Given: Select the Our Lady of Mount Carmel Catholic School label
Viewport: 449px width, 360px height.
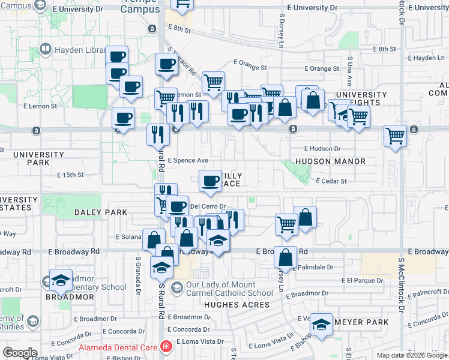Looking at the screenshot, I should coord(229,289).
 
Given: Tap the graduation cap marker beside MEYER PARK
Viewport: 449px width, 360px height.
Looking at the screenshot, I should coord(322,325).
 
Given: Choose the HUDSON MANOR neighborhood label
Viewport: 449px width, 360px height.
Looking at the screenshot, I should coord(330,161).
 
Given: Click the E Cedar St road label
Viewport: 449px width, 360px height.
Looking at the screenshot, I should coord(331,181).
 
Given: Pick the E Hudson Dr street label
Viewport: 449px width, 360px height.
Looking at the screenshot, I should coord(322,148).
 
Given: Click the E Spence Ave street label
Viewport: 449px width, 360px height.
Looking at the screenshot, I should coord(188,161).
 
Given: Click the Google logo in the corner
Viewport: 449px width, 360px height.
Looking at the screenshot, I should coord(20,353).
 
